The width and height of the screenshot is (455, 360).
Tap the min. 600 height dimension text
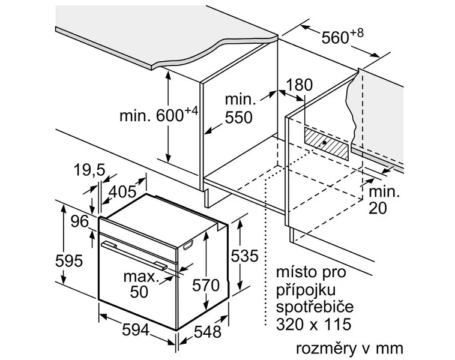(x=158, y=115)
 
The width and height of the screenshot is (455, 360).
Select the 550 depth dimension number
(x=238, y=118)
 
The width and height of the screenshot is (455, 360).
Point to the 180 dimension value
(x=299, y=85)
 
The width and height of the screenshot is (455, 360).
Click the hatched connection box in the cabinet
(x=326, y=144)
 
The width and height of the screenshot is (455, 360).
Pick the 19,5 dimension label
(x=89, y=170)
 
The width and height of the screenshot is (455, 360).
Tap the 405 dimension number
(x=122, y=191)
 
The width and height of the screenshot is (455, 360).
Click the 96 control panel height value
(x=80, y=221)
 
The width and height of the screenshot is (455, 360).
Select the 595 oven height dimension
(x=69, y=260)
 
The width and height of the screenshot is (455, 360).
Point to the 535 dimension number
(x=244, y=256)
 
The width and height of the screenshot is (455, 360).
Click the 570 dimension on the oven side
(x=206, y=285)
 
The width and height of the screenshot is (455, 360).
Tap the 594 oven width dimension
(x=136, y=330)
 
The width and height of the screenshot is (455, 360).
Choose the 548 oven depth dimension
(x=208, y=332)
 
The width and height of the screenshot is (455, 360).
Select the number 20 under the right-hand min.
(x=378, y=208)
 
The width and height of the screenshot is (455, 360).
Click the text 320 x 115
(x=313, y=324)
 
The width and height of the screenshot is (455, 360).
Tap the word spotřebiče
(x=315, y=307)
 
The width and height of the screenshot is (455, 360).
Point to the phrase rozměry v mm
(x=350, y=348)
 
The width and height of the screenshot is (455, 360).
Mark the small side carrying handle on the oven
(x=188, y=245)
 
